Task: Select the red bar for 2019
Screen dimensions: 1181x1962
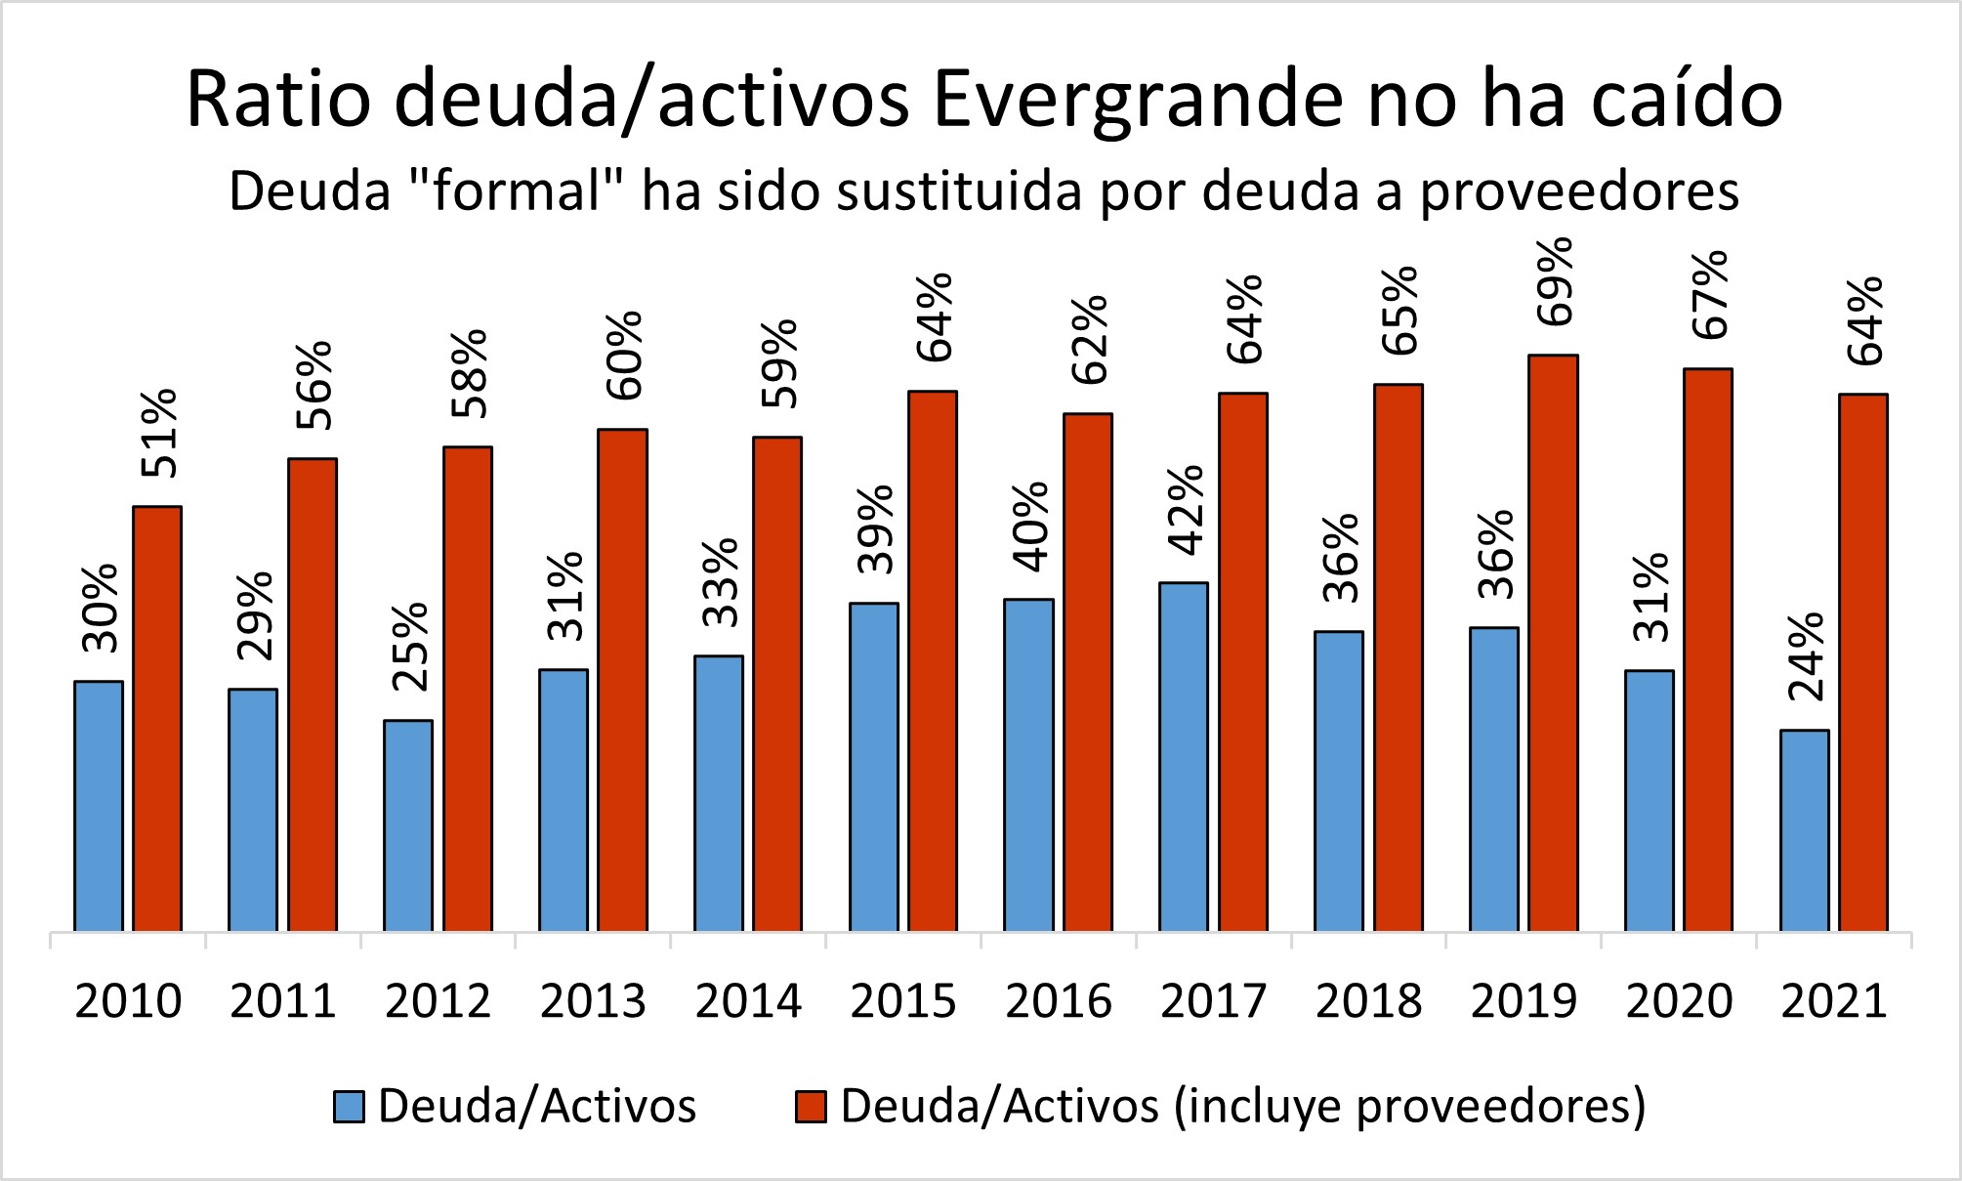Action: coord(1553,645)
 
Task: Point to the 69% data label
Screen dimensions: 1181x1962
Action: coord(1554,281)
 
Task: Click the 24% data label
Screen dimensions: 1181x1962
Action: coord(1806,656)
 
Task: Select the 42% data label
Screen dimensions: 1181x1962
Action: coord(1186,509)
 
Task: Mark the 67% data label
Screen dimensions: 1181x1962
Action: coord(1709,295)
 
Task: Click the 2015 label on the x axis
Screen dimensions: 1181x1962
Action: coord(903,1001)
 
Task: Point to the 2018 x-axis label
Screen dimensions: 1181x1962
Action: coord(1368,1001)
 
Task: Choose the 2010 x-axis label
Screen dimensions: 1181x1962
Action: coord(128,1001)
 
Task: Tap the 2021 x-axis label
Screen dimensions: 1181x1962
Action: coord(1834,1001)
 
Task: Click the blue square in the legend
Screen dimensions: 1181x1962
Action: coord(349,1107)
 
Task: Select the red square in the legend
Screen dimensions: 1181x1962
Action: coord(811,1107)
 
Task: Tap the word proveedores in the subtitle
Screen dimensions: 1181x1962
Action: coord(1578,191)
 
